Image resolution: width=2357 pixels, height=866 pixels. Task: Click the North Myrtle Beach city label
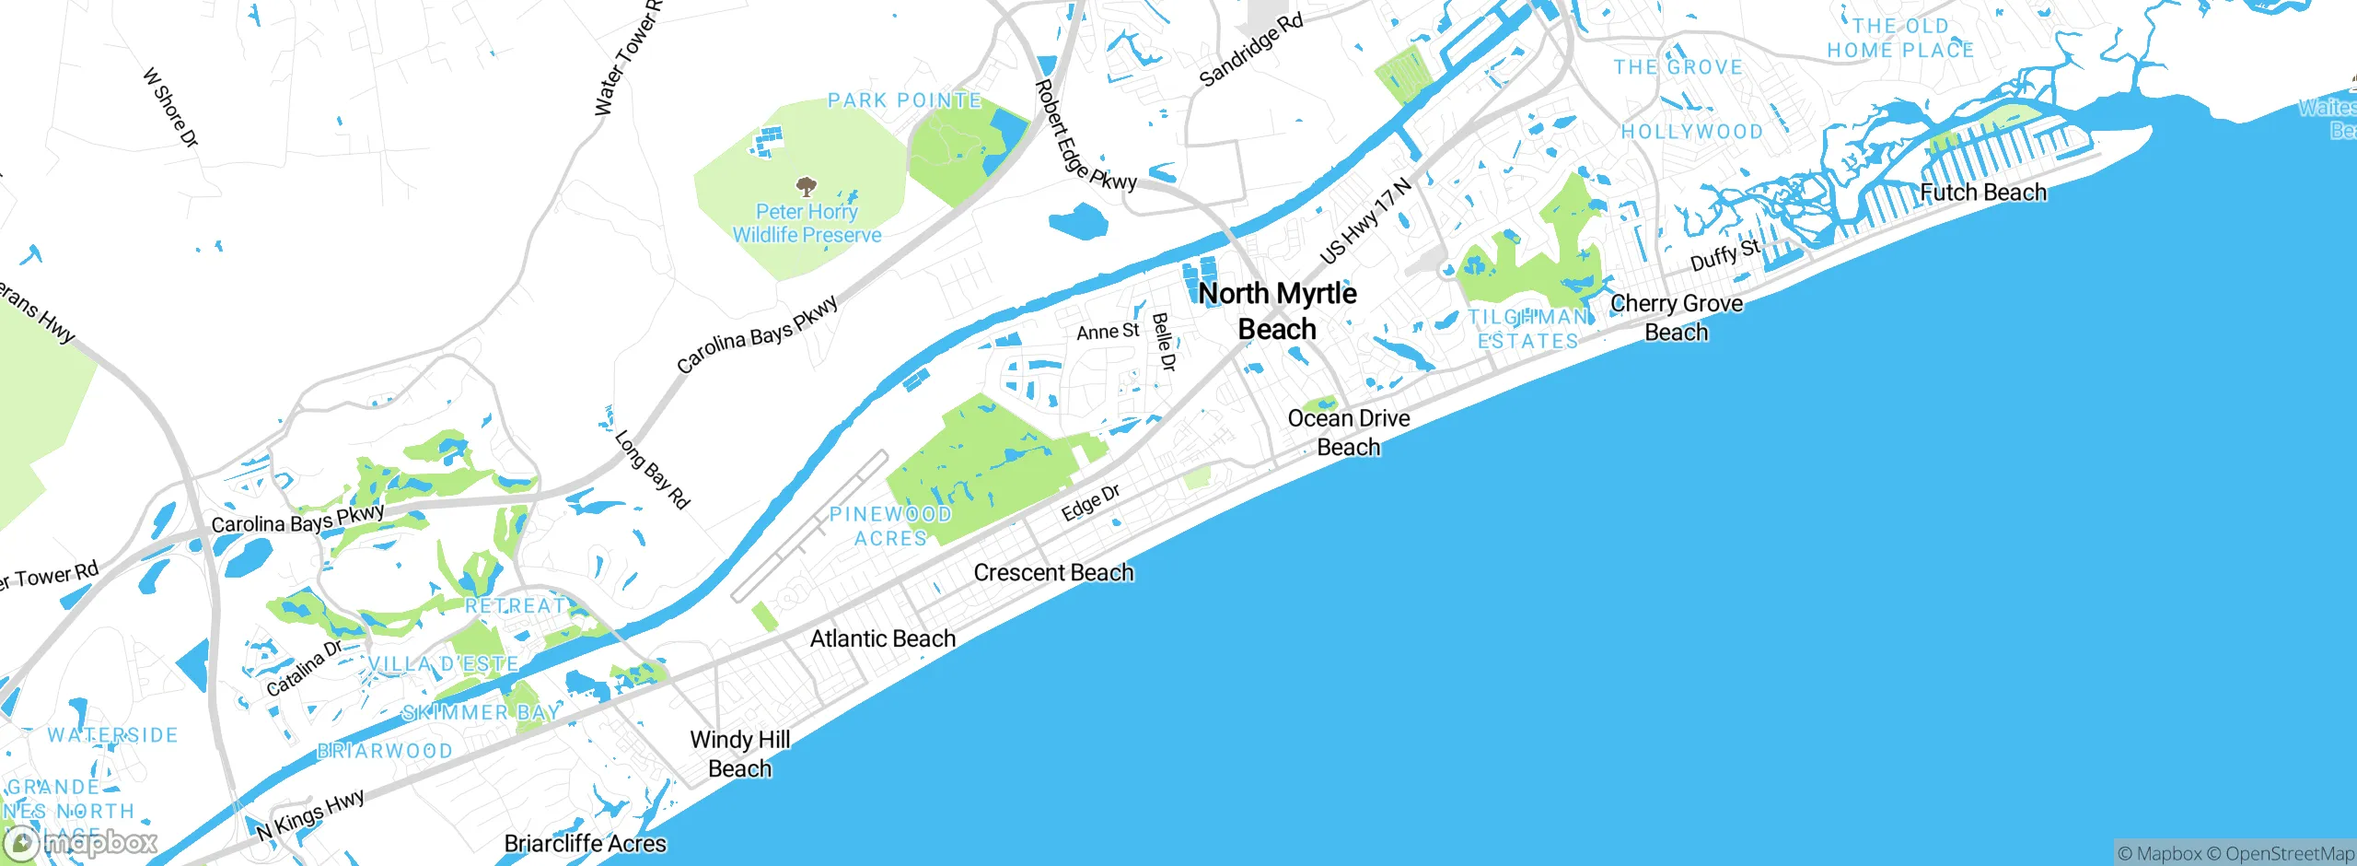click(x=1277, y=311)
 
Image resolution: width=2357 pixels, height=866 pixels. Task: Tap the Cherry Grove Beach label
click(x=1677, y=318)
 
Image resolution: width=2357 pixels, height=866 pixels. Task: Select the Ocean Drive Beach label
click(x=1349, y=432)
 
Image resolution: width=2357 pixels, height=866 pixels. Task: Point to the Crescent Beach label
click(x=1053, y=573)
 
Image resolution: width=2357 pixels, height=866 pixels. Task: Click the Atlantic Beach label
click(x=883, y=639)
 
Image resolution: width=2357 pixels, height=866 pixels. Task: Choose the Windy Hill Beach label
click(x=740, y=754)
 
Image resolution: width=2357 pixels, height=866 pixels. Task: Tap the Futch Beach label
click(x=1983, y=193)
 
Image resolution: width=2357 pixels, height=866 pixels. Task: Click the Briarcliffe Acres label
click(x=586, y=844)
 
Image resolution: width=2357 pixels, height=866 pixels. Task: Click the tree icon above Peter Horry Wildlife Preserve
click(x=807, y=187)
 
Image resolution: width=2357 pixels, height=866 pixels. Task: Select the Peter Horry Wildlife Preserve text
click(x=807, y=224)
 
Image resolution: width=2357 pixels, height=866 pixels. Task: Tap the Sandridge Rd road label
click(x=1251, y=50)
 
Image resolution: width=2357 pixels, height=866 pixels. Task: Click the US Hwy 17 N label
click(x=1365, y=221)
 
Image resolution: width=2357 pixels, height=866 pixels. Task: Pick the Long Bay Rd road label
click(x=652, y=470)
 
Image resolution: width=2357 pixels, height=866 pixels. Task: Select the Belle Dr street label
click(x=1164, y=342)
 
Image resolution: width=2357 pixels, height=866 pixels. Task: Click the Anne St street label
click(x=1108, y=332)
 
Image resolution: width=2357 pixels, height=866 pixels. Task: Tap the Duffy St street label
click(x=1724, y=254)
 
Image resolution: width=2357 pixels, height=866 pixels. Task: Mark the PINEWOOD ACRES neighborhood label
click(x=890, y=526)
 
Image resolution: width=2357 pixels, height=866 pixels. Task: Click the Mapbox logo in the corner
click(x=81, y=842)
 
